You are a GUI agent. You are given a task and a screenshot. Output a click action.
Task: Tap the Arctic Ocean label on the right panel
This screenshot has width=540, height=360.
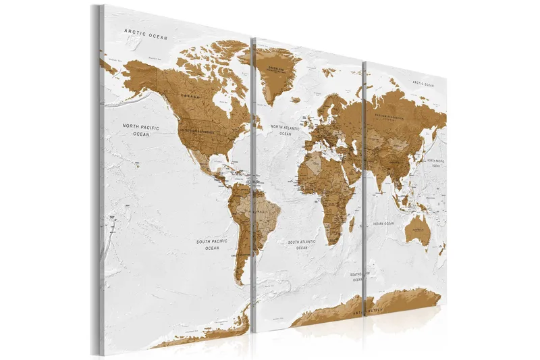click(419, 84)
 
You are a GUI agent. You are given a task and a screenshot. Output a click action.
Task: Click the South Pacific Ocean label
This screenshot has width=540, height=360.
click(212, 245)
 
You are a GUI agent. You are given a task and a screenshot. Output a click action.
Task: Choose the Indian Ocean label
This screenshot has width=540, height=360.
click(388, 223)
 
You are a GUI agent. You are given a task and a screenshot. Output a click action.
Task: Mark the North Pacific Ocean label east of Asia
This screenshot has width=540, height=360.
click(435, 163)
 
